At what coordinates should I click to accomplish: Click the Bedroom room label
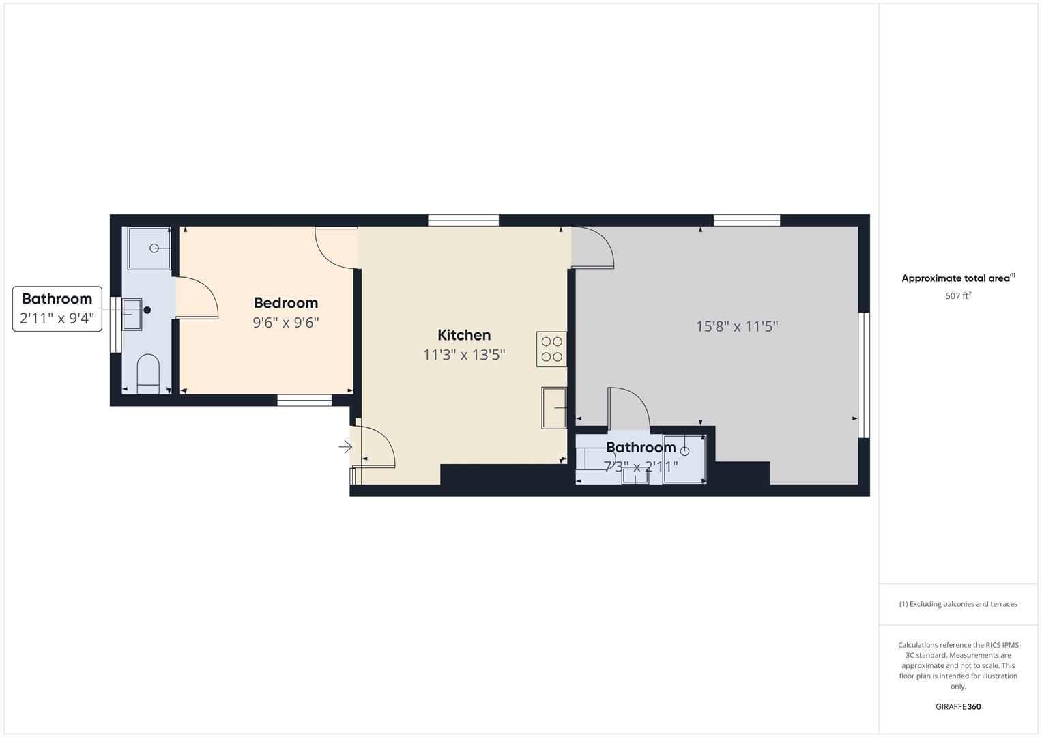[286, 303]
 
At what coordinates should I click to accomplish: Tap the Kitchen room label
[464, 335]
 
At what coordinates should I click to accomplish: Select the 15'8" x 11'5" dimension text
[736, 327]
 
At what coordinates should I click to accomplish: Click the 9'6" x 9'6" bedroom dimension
[286, 322]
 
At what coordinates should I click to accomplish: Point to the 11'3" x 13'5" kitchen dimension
[464, 355]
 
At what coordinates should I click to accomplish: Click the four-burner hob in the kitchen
[551, 349]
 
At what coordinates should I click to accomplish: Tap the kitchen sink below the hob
[553, 407]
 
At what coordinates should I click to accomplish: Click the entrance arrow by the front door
[345, 447]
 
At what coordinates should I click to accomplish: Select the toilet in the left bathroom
[148, 374]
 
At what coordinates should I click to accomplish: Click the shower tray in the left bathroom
[149, 248]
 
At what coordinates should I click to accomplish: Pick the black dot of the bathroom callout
[147, 310]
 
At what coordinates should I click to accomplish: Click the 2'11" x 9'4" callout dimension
[57, 318]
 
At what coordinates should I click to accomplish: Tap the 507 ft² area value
[958, 295]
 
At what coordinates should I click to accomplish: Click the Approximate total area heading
[958, 278]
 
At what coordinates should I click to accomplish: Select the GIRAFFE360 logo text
[958, 706]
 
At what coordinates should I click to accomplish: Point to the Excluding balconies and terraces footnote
[958, 604]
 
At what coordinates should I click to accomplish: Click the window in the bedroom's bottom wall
[304, 400]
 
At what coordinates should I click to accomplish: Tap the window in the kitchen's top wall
[463, 220]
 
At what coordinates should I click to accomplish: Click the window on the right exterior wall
[864, 375]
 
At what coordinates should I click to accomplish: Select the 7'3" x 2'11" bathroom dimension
[641, 466]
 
